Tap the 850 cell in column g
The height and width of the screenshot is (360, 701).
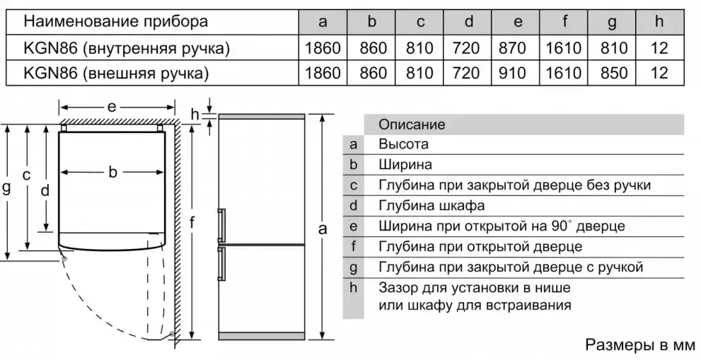click(612, 72)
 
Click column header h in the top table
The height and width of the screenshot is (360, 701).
click(659, 22)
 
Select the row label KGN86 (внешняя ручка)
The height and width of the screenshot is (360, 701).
click(116, 73)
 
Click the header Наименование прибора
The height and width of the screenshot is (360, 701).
click(115, 21)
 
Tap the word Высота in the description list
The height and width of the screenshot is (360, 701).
click(403, 144)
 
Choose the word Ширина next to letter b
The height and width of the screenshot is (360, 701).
click(405, 165)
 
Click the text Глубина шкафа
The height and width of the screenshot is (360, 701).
click(431, 206)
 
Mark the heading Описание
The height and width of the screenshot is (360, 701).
click(412, 124)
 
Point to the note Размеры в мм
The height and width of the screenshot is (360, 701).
click(640, 345)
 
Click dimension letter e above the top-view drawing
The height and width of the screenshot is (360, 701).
click(112, 107)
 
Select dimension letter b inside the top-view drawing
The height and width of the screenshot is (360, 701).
click(112, 171)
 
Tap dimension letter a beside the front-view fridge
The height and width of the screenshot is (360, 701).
click(323, 228)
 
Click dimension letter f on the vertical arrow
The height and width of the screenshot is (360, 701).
click(192, 222)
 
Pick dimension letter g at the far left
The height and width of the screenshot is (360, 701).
click(6, 188)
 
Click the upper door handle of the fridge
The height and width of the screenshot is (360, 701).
click(221, 226)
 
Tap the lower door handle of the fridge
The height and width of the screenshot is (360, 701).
click(221, 264)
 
